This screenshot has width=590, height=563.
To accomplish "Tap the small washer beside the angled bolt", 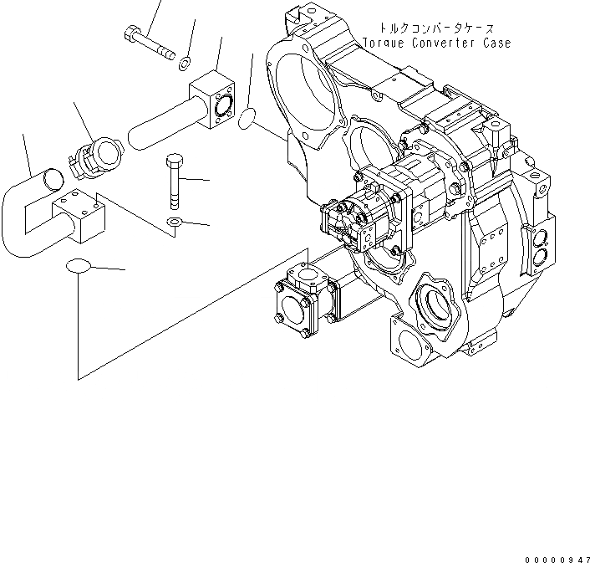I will coord(184,59).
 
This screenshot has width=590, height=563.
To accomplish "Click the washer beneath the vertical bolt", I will coord(174,222).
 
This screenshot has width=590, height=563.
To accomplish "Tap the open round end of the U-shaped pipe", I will coord(52,178).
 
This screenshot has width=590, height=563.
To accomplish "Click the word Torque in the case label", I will coord(384,43).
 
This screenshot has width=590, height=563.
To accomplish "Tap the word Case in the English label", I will coord(494,43).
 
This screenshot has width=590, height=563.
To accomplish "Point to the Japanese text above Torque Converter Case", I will coord(437,28).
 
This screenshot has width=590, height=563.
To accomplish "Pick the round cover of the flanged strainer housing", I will coord(295,307).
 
